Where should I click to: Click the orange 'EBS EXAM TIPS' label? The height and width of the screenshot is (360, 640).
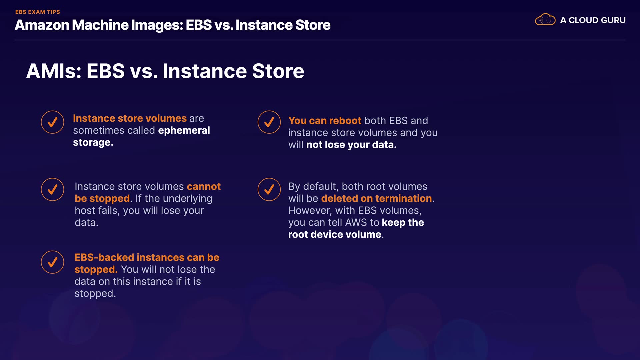(x=38, y=12)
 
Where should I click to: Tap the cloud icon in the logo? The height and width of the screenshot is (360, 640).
(x=545, y=20)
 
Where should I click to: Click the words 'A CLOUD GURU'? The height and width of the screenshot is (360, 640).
(x=593, y=20)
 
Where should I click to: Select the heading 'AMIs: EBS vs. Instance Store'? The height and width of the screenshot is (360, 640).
(x=165, y=71)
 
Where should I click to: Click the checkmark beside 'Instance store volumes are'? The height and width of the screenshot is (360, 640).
(x=52, y=122)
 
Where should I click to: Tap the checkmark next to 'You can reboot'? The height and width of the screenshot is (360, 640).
(x=269, y=122)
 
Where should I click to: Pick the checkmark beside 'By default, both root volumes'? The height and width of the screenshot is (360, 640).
(x=269, y=189)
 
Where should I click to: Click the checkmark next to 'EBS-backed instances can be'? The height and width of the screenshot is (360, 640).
(x=52, y=262)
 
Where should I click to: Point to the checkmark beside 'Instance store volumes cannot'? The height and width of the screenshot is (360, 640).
(x=52, y=189)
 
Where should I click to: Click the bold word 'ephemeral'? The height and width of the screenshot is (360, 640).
(x=184, y=131)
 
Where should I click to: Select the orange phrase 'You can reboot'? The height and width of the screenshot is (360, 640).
(x=325, y=121)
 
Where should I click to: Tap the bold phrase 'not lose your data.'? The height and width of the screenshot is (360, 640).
(x=351, y=145)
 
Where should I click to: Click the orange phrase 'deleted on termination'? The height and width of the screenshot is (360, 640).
(x=377, y=198)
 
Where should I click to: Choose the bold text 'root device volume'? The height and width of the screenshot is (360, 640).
(x=335, y=234)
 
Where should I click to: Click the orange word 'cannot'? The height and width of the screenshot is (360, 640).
(x=204, y=186)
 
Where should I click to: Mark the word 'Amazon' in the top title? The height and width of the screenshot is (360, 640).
(x=42, y=25)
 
